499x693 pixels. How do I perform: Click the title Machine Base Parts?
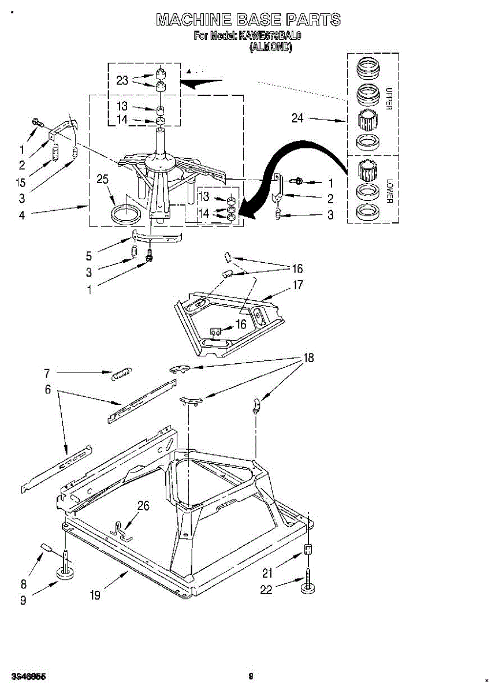[x=248, y=20]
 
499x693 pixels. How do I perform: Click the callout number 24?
[x=297, y=118]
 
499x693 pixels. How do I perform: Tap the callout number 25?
[x=103, y=180]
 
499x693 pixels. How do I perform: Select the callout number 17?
[x=297, y=285]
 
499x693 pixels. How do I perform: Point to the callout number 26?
[x=143, y=506]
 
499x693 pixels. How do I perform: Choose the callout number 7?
[x=47, y=372]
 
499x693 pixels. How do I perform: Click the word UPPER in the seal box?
[x=389, y=99]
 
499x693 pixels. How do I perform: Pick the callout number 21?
[x=267, y=573]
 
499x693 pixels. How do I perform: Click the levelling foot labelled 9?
[x=65, y=573]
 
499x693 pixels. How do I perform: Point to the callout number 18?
[x=309, y=358]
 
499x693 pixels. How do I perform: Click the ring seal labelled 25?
[x=125, y=214]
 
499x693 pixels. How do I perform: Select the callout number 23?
[x=122, y=81]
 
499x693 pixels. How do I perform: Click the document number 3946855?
[x=28, y=676]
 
